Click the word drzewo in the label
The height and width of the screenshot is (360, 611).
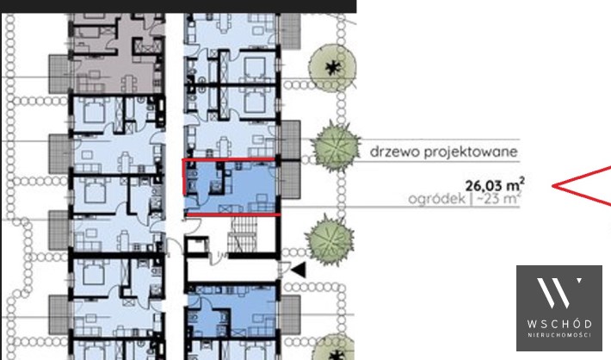[395, 152]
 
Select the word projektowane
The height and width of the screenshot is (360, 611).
[471, 152]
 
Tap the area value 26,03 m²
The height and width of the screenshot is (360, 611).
[495, 184]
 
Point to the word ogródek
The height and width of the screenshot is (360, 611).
[437, 199]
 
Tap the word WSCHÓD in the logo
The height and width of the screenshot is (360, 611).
[559, 324]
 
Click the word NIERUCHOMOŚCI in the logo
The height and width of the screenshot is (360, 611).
[559, 335]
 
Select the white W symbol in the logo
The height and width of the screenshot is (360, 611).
[559, 293]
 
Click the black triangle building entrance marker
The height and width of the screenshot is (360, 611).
[299, 270]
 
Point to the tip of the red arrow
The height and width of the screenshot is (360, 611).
[552, 186]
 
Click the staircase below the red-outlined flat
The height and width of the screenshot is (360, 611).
[242, 234]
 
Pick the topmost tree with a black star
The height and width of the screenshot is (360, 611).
[332, 68]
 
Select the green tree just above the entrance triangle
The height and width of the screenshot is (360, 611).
[330, 239]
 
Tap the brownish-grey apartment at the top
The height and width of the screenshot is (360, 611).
[118, 53]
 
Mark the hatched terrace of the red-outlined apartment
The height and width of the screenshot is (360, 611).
[291, 179]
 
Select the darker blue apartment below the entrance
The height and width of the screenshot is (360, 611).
[232, 311]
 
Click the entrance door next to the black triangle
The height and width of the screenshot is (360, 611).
[284, 270]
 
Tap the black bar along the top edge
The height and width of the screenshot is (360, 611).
[178, 6]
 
